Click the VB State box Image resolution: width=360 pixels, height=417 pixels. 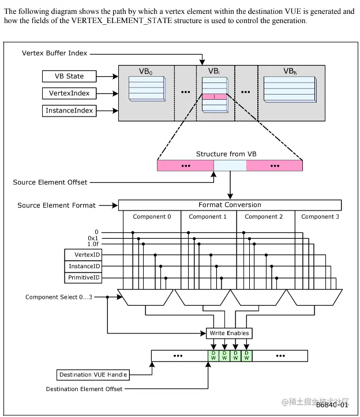(x=69, y=76)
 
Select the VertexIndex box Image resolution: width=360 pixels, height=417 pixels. (x=69, y=93)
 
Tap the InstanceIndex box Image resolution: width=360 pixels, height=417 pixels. (x=69, y=110)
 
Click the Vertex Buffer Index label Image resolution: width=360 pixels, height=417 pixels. (x=55, y=53)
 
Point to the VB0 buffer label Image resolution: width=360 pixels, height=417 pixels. (x=147, y=72)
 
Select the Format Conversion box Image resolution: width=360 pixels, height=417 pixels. (x=230, y=205)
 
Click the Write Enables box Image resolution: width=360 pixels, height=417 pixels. (x=229, y=333)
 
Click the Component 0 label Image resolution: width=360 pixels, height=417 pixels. (x=152, y=217)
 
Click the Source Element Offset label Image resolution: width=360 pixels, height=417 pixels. (x=50, y=182)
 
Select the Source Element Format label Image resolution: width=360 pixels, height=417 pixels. (x=56, y=205)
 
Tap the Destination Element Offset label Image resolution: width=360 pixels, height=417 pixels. (x=84, y=389)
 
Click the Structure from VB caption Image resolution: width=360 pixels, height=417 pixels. (x=229, y=154)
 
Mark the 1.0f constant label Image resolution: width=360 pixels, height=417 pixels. (x=93, y=245)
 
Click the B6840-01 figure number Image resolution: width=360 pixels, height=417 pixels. (x=332, y=406)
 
